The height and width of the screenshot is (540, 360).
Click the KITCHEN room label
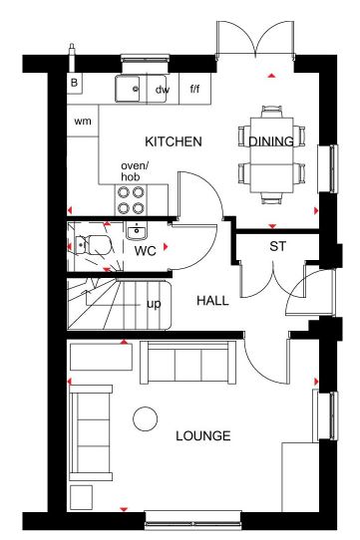pos(174,141)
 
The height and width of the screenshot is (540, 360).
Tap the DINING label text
pos(271,141)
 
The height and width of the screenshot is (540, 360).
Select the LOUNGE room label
pos(203,436)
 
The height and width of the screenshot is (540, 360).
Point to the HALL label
pos(212,301)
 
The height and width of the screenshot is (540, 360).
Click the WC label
pos(146,251)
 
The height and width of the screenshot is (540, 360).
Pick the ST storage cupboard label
pos(277,246)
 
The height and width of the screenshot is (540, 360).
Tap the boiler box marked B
pos(74,83)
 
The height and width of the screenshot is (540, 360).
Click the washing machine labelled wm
pos(83,121)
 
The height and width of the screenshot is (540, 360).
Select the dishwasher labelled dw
pos(163,90)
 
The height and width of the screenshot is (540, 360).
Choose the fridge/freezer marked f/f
pos(194,89)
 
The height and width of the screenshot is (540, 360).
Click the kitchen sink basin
pos(128,89)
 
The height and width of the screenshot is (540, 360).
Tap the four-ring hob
pos(131,200)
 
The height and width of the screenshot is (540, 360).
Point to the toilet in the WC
pos(93,245)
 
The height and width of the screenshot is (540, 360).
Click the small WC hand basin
pos(137,230)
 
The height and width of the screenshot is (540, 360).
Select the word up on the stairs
pos(154,305)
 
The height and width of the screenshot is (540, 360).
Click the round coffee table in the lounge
pos(146,418)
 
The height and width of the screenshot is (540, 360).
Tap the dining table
pos(271,155)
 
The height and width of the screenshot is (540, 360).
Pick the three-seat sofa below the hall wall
pos(188,363)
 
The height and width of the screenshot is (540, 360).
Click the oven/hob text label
pos(135,171)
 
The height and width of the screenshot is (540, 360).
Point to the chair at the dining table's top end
pos(271,112)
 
